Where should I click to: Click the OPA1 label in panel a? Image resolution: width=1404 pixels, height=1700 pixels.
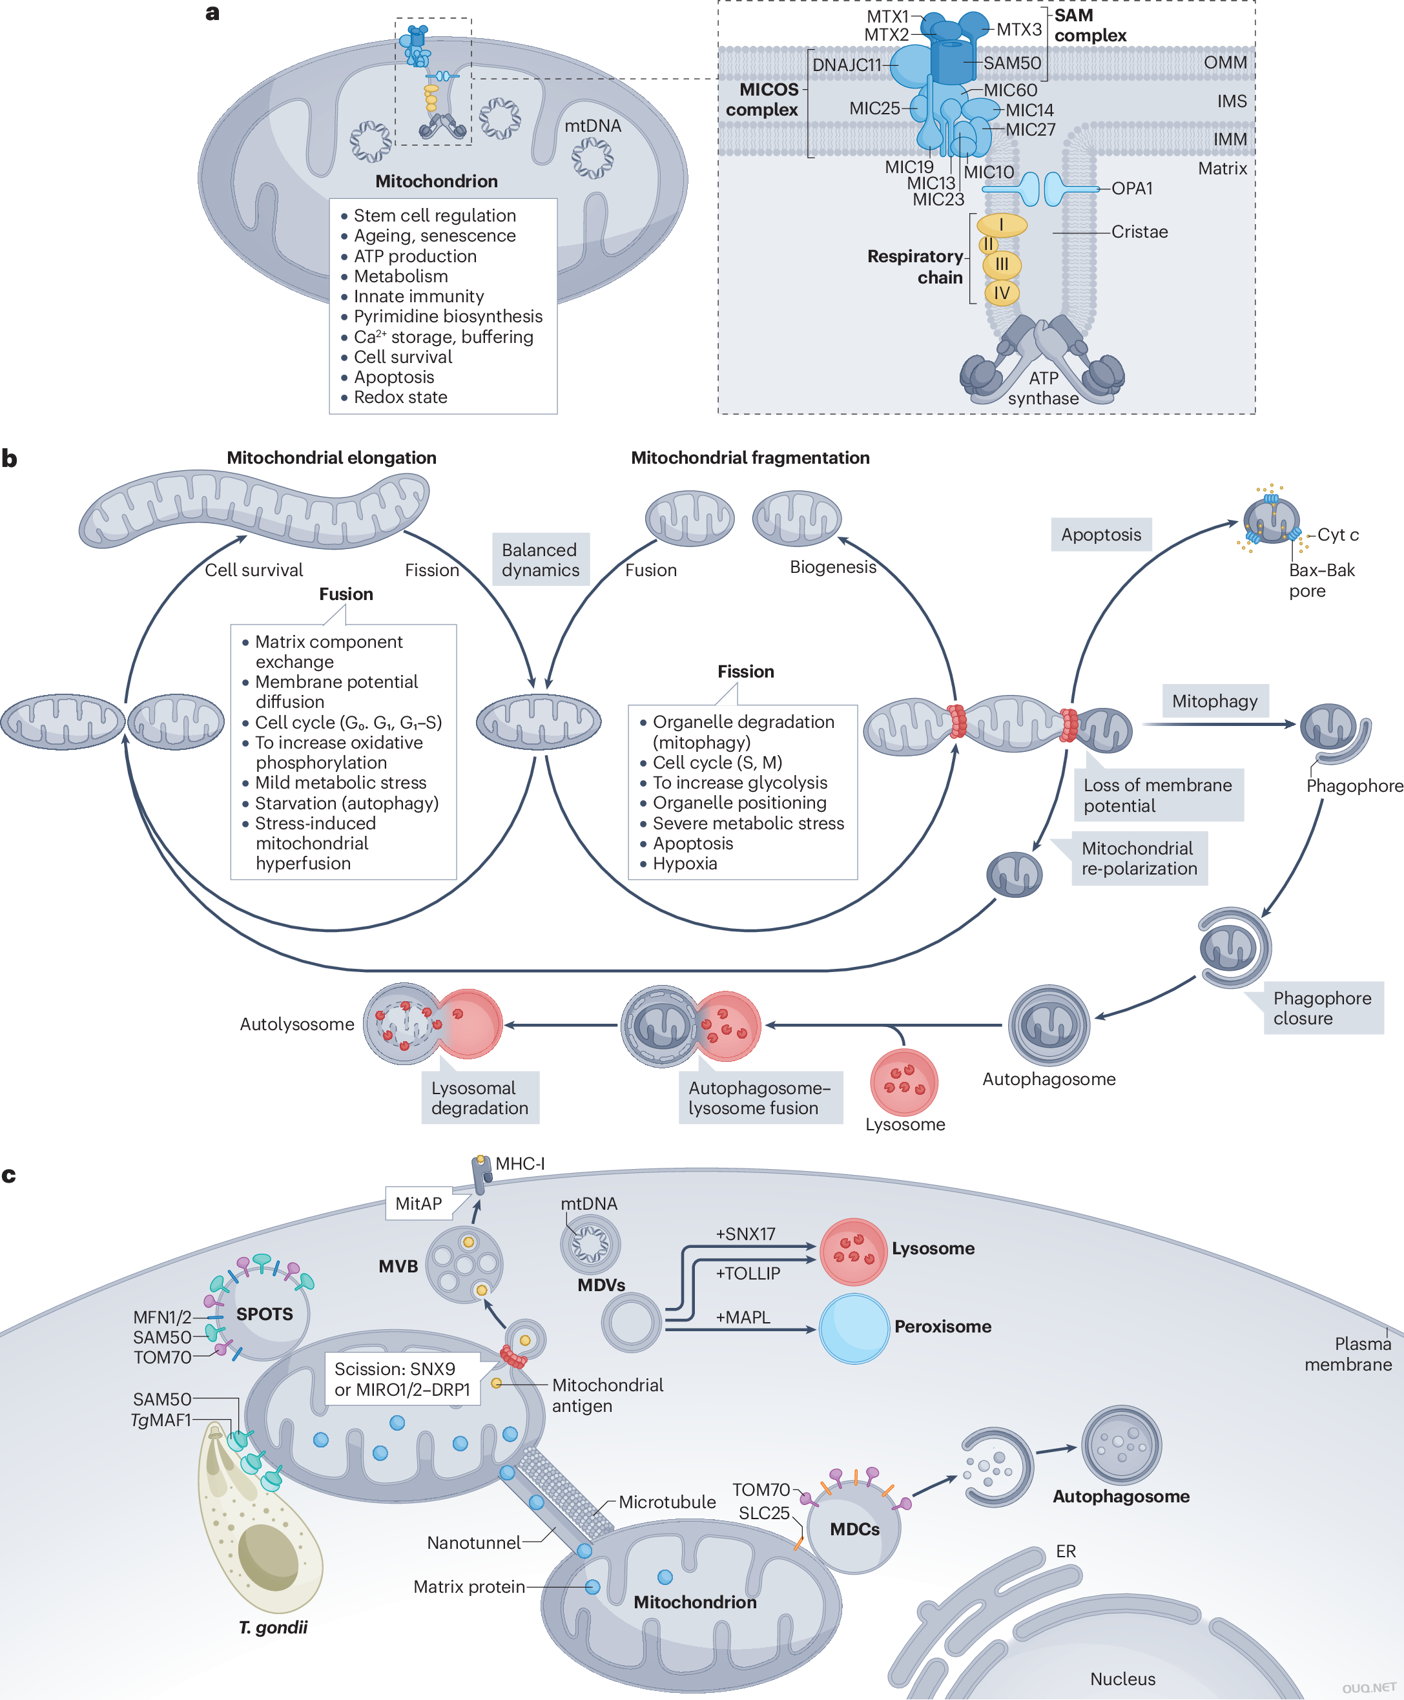[1131, 189]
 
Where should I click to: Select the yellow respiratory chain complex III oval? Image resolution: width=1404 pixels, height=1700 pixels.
[1001, 264]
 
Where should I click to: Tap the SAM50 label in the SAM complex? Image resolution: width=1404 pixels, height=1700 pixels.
[1012, 63]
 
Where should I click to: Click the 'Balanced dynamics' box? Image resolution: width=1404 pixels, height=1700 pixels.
[541, 559]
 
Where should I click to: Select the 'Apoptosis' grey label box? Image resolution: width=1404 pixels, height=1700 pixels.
[1100, 535]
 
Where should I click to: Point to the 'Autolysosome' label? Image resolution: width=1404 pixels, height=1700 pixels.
[297, 1024]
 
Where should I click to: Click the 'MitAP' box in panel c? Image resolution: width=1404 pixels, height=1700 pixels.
[418, 1203]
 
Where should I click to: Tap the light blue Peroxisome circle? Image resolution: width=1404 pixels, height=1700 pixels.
[854, 1327]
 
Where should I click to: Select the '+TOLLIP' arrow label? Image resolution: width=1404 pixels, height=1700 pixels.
[747, 1273]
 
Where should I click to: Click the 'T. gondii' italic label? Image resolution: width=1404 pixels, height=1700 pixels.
[273, 1626]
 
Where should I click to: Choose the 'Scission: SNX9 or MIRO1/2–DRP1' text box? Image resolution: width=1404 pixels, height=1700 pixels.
[402, 1379]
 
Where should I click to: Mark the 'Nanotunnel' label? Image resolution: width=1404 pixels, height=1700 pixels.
[473, 1542]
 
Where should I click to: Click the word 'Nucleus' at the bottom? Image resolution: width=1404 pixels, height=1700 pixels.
[1122, 1679]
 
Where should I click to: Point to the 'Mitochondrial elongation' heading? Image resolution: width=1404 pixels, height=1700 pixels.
[331, 458]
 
